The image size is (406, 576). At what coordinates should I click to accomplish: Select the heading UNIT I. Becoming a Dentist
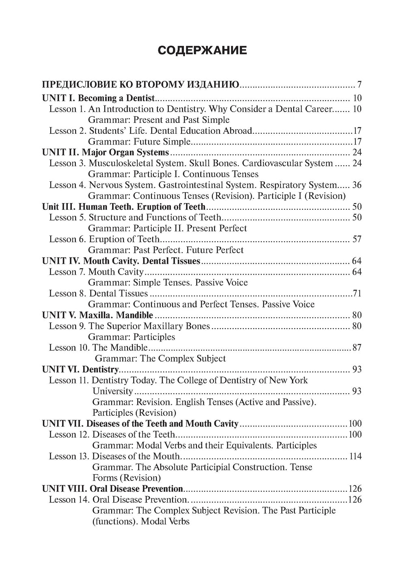(x=99, y=98)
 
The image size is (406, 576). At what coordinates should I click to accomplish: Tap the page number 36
(x=357, y=185)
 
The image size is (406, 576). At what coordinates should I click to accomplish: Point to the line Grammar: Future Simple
(x=139, y=142)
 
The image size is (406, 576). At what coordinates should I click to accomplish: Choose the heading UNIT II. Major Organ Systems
(x=106, y=153)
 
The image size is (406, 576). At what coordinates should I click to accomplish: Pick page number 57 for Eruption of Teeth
(x=357, y=239)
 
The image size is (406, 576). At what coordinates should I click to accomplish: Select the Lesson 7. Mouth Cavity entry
(x=97, y=272)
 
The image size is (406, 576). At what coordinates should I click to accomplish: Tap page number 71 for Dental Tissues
(x=357, y=293)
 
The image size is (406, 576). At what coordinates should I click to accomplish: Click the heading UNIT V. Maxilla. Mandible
(x=98, y=315)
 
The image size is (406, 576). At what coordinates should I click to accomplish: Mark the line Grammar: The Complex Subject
(x=160, y=359)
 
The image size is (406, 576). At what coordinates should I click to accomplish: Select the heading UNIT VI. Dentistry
(x=80, y=370)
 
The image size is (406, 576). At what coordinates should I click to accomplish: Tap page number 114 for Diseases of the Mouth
(x=355, y=456)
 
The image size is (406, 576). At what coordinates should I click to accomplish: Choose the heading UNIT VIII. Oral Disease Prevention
(x=112, y=489)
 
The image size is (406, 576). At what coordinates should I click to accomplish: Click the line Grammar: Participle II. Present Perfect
(x=167, y=228)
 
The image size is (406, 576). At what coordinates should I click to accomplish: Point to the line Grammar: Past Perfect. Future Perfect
(x=166, y=250)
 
